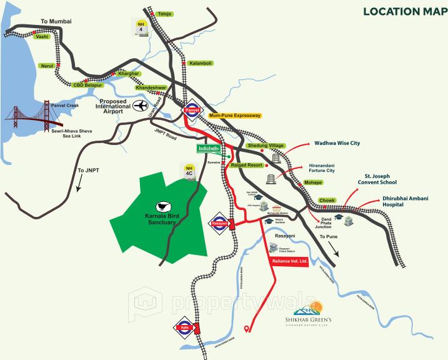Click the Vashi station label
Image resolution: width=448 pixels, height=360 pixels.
click(42, 37)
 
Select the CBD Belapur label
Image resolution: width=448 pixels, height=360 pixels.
click(86, 84)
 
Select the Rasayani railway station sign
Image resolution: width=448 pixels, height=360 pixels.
click(219, 222)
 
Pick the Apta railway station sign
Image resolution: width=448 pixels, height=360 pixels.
click(184, 327)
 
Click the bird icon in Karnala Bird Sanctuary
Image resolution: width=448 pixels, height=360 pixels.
click(163, 206)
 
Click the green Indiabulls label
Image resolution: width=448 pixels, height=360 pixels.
click(209, 148)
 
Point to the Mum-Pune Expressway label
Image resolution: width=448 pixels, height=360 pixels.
click(234, 116)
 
